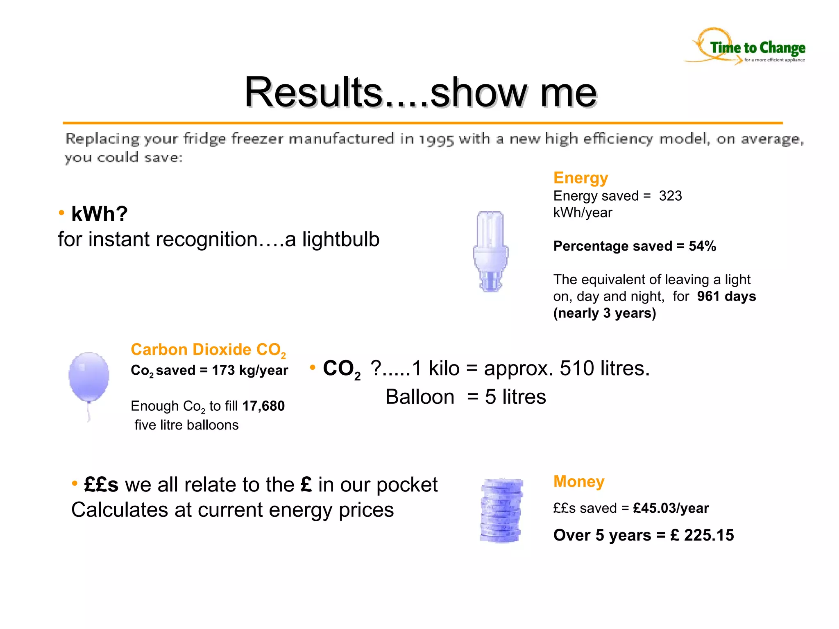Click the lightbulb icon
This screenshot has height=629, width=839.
[x=490, y=251]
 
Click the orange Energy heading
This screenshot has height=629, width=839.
[x=580, y=178]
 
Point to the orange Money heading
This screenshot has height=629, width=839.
[x=578, y=482]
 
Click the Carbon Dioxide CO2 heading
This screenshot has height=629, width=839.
[x=208, y=350]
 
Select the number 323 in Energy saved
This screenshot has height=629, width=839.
[x=670, y=196]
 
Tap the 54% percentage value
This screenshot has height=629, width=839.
[x=702, y=246]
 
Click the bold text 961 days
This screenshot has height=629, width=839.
[x=726, y=296]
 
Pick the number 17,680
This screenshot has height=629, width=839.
[x=263, y=406]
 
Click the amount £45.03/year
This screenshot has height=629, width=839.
[x=671, y=508]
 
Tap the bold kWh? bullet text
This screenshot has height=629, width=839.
[x=100, y=214]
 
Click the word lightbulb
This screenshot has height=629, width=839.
[x=341, y=240]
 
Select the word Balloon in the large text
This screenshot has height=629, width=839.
[x=420, y=397]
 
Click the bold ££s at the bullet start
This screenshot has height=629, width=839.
[x=101, y=485]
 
